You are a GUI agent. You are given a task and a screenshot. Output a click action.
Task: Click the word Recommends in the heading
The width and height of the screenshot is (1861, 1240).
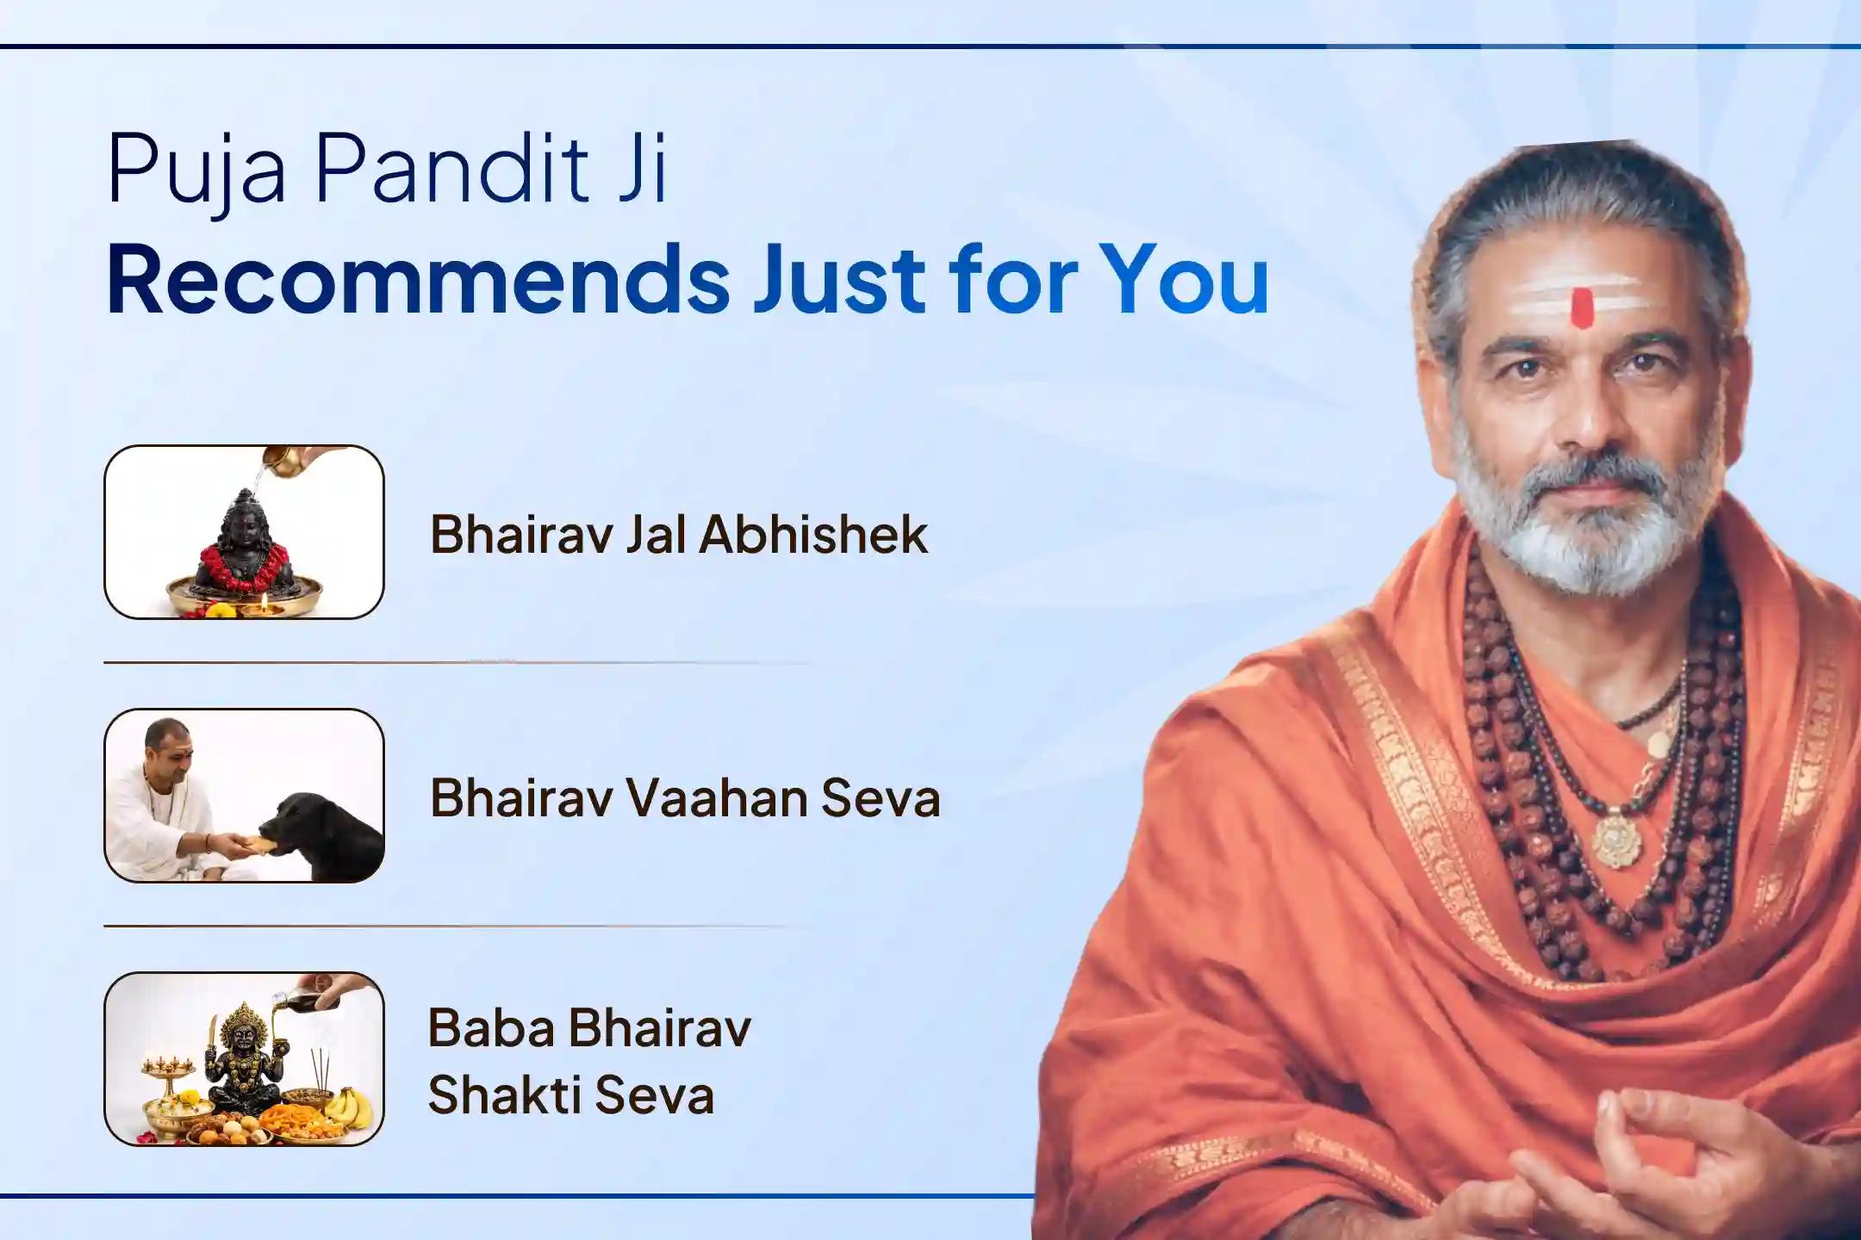pos(419,280)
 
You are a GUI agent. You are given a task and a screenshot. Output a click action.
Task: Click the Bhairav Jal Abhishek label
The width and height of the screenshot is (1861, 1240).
pos(679,535)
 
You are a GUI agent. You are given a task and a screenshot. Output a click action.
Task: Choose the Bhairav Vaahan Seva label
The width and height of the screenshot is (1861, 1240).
pos(685,798)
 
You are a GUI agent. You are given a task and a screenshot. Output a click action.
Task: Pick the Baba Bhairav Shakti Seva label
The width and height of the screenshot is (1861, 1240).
pos(589,1061)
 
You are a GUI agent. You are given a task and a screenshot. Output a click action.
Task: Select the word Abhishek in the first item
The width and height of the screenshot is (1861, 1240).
pos(813,535)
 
